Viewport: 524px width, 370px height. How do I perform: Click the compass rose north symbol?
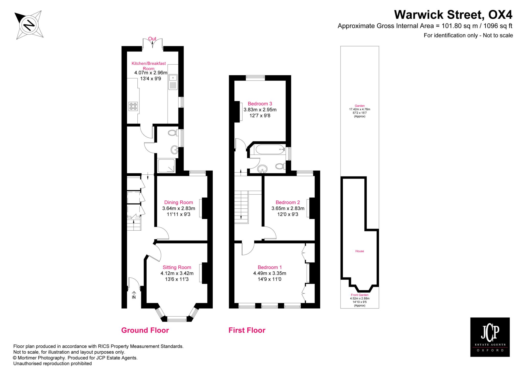[x=29, y=25]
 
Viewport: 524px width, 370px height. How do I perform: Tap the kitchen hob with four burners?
[x=133, y=106]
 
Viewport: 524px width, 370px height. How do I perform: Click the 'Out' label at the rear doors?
[x=152, y=39]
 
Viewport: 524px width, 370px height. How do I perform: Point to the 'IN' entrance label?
[x=134, y=297]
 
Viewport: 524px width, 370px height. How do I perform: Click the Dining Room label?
[x=179, y=202]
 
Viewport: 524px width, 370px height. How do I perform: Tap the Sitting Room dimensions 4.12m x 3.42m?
[x=177, y=273]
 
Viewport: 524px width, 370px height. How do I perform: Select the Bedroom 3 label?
[x=260, y=104]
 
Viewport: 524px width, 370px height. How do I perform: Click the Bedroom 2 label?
[x=288, y=202]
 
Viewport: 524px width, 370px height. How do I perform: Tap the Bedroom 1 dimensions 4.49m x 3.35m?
[x=270, y=273]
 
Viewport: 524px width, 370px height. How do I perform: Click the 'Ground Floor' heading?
[x=145, y=330]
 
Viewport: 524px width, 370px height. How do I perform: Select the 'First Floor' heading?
[x=247, y=330]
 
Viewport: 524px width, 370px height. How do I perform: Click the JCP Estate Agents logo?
[x=490, y=337]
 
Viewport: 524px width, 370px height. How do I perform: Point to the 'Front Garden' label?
[x=359, y=295]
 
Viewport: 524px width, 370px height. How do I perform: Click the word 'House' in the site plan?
[x=359, y=251]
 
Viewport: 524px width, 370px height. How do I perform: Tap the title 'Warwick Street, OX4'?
[x=453, y=15]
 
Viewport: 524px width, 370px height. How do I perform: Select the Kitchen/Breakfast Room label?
[x=149, y=66]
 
